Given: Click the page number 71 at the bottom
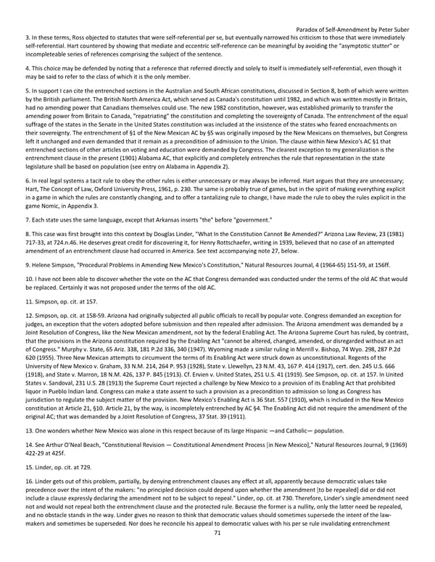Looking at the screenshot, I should (x=217, y=553).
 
